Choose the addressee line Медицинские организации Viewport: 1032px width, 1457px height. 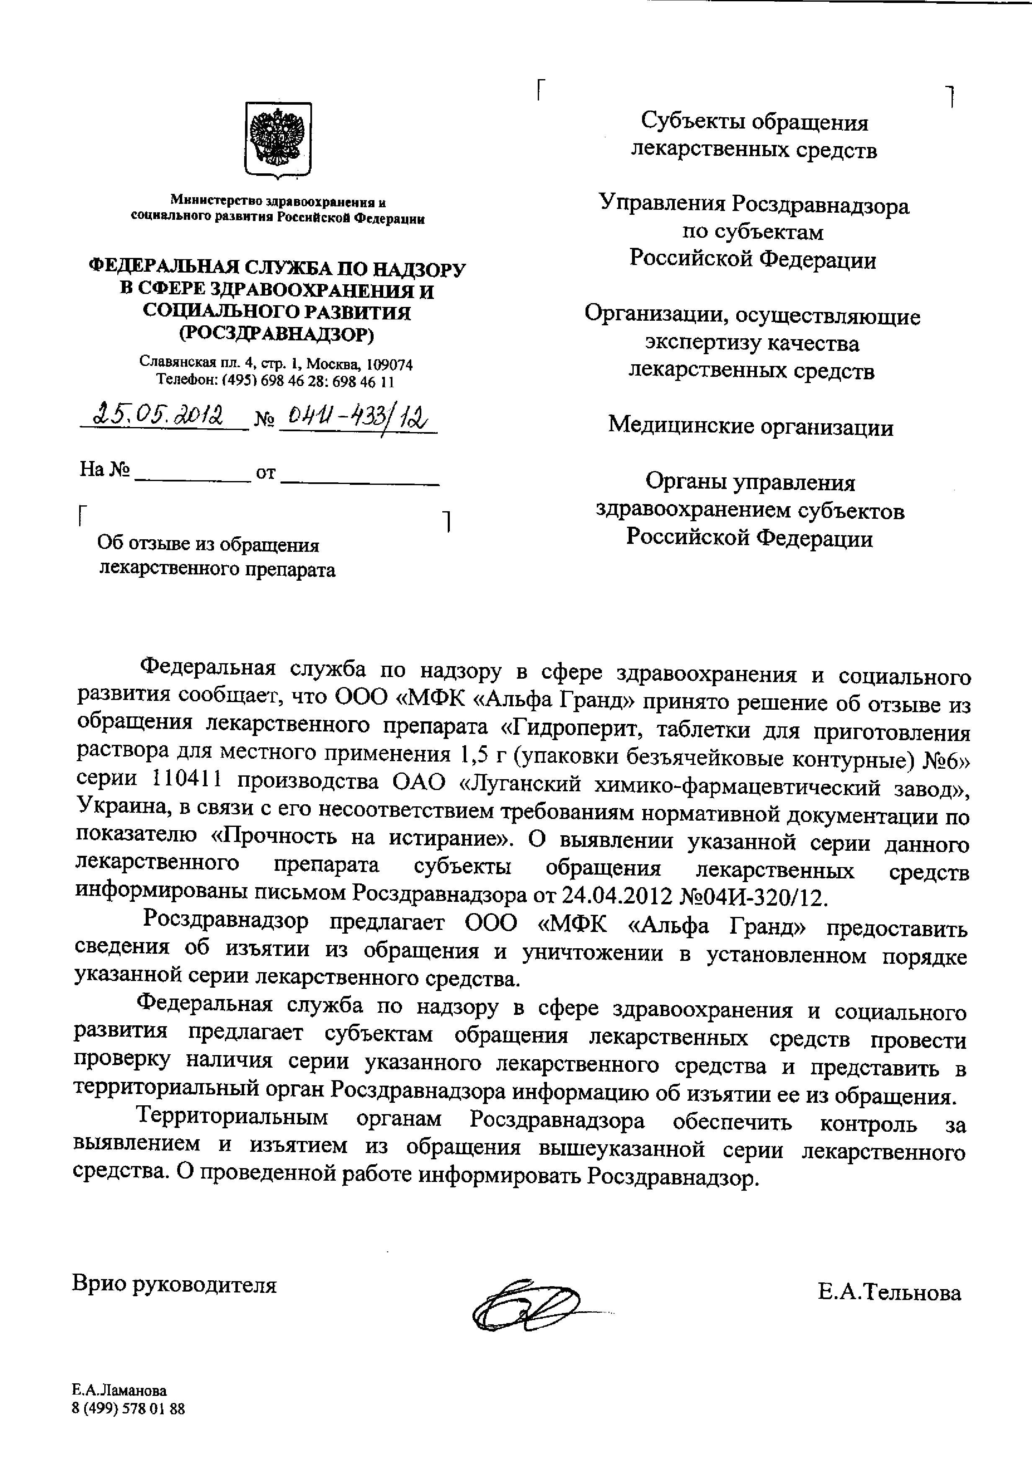click(751, 426)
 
